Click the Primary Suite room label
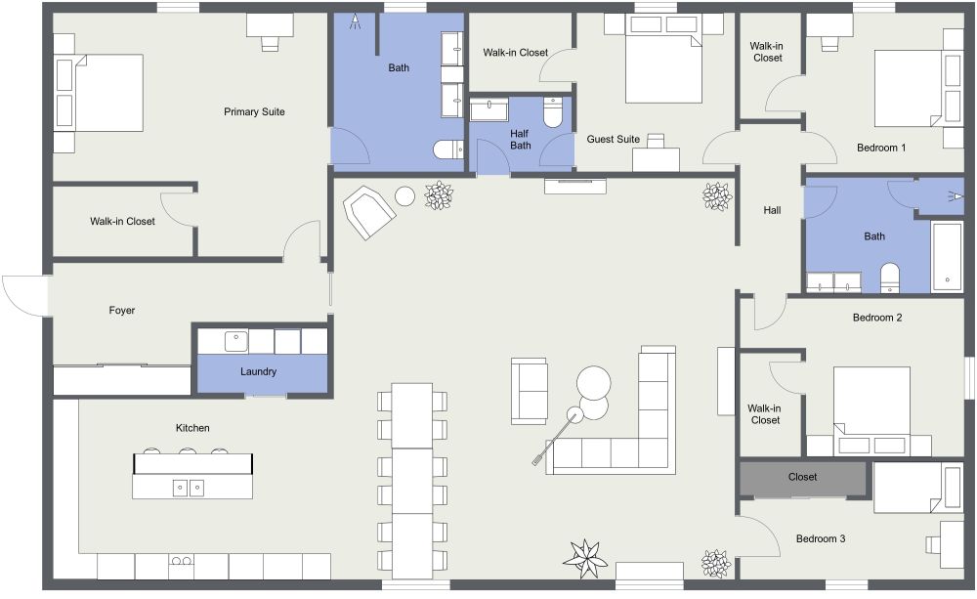coord(254,111)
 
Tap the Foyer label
coord(121,311)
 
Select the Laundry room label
coord(259,371)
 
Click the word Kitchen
coord(192,428)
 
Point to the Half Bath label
coord(520,139)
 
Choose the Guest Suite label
coord(613,139)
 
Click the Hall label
coord(772,210)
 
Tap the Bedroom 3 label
coord(822,538)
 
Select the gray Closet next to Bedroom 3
coord(802,478)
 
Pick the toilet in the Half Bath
coord(553,113)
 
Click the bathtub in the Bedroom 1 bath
coord(947,256)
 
